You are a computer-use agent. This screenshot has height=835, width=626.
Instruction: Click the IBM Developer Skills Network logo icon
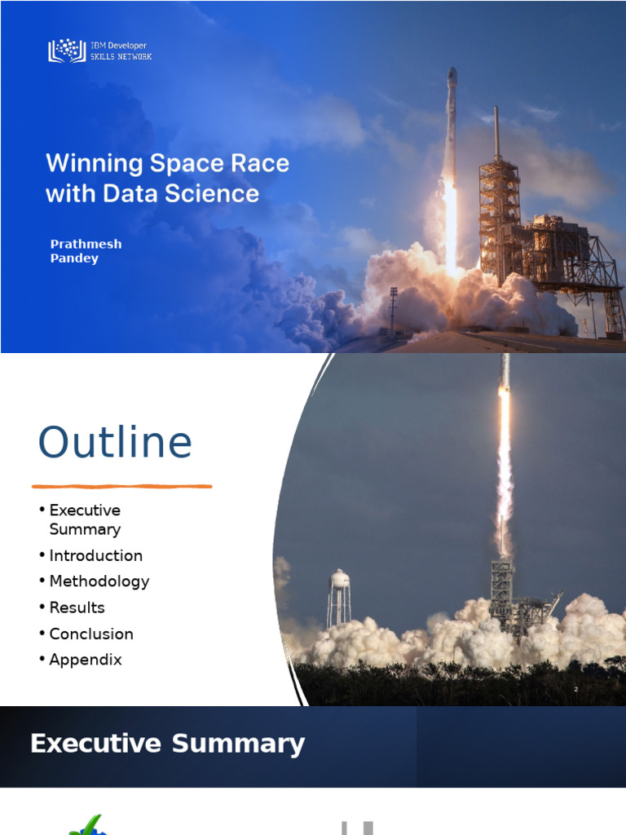coord(66,51)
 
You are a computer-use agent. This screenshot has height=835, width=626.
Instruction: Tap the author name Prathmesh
coord(86,245)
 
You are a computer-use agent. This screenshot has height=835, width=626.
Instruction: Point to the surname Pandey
coord(74,258)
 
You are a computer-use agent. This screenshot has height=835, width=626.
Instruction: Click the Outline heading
coord(115,443)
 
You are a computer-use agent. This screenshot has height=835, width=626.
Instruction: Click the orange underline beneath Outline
coord(122,486)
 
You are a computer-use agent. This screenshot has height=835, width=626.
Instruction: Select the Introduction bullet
coord(95,555)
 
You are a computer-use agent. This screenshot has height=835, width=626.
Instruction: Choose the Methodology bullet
coord(99,581)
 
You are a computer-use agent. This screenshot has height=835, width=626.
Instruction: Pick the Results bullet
coord(77,607)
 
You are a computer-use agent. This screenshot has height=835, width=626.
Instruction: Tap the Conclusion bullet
coord(90,634)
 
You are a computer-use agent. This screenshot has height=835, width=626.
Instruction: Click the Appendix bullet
coord(85,660)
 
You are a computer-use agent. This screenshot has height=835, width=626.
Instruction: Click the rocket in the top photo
coord(450,122)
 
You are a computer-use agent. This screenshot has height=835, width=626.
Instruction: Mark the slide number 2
coord(575,690)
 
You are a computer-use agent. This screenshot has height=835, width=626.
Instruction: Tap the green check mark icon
coord(86,825)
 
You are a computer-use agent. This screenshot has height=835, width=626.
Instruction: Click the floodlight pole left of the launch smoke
coord(393,306)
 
